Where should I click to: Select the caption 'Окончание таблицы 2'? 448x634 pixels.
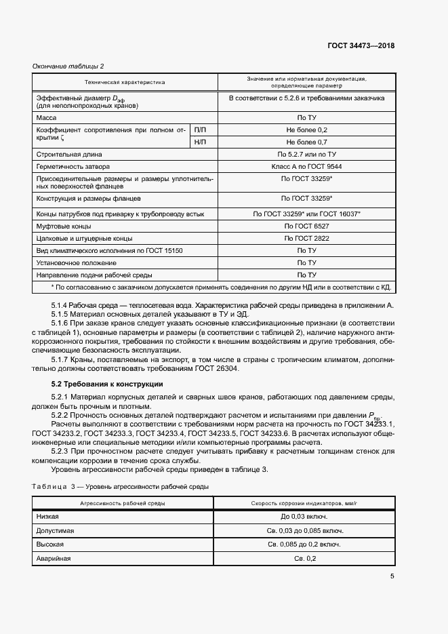68,66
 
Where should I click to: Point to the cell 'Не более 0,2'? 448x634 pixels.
306,130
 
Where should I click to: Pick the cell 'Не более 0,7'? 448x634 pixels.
306,142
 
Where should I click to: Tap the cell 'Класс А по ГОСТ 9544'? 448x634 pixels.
306,166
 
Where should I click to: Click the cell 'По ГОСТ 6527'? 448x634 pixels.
306,226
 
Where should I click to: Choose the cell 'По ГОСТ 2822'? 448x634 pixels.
306,239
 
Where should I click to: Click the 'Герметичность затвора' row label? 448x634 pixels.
73,166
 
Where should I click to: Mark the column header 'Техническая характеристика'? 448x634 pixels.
125,82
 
